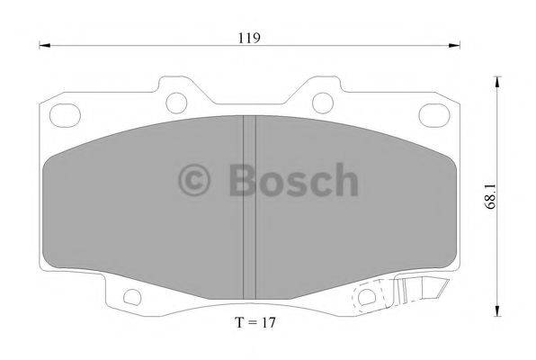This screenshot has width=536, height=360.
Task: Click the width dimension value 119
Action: pyautogui.click(x=249, y=38)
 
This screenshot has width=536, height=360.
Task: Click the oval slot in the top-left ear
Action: pyautogui.click(x=66, y=115)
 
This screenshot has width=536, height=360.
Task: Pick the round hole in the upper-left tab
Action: pyautogui.click(x=176, y=100)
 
